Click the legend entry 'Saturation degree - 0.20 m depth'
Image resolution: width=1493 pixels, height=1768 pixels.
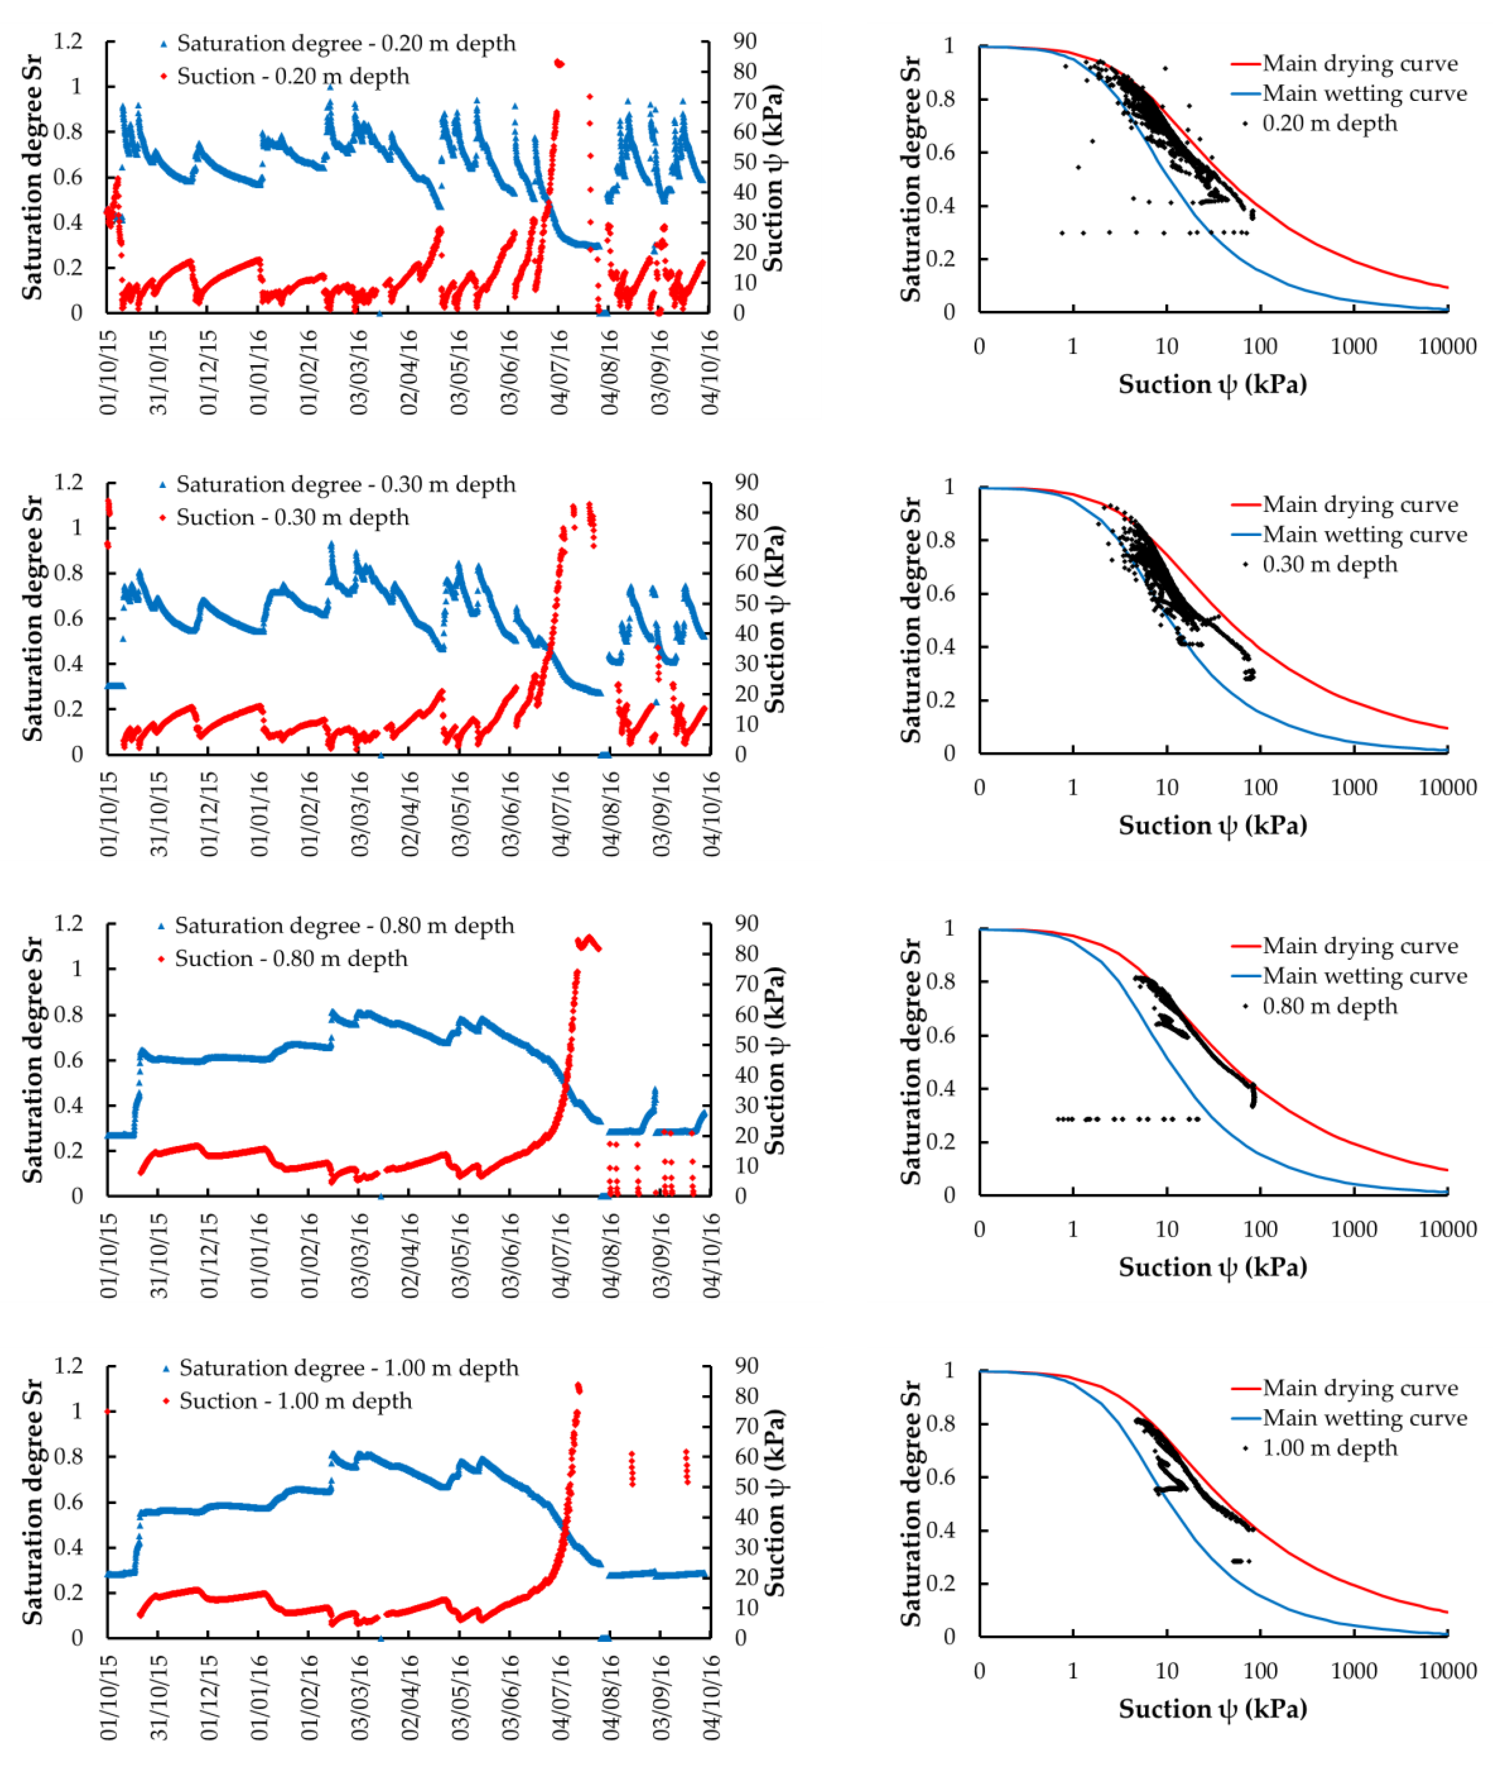(x=345, y=43)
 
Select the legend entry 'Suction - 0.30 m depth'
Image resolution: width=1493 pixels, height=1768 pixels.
(x=292, y=517)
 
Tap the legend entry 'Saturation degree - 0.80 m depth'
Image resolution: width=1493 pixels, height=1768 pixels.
(x=344, y=925)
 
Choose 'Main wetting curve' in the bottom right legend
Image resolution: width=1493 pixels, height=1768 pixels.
(x=1364, y=1417)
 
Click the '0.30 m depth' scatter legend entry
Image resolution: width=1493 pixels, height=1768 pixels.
(x=1329, y=565)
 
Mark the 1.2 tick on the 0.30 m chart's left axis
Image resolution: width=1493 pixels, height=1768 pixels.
(x=69, y=483)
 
